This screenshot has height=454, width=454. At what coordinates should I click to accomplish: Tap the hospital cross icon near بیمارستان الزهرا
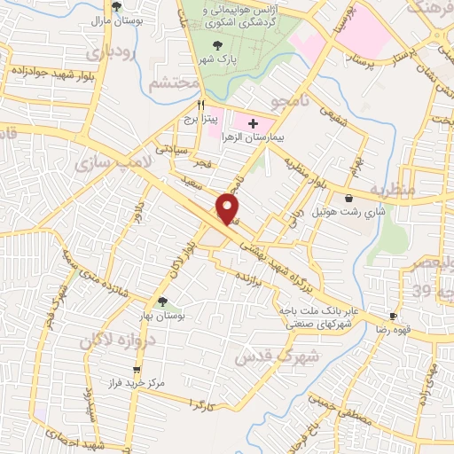pos(254,122)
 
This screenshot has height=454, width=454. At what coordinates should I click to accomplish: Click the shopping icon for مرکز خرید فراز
pos(136,371)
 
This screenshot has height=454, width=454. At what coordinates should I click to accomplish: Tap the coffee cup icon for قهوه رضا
pos(392,316)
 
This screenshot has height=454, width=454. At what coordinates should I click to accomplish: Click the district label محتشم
pos(171,83)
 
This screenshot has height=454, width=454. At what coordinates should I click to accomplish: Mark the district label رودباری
pos(131,56)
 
